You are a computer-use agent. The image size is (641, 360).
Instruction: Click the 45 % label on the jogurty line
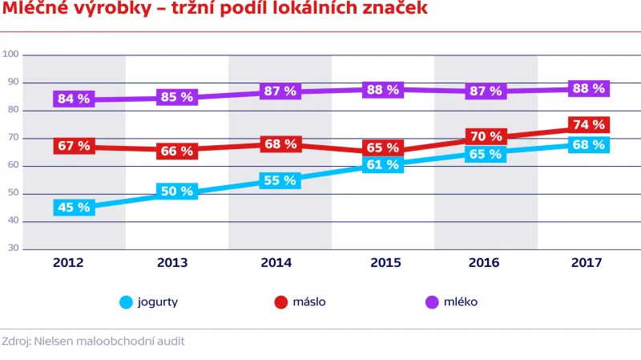(73, 208)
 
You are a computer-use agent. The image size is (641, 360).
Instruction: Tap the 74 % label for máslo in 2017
(589, 124)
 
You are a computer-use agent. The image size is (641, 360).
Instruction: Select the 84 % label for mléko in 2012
(73, 99)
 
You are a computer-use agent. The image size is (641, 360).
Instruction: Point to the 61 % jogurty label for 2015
(382, 165)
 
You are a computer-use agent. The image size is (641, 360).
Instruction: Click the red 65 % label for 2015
(382, 148)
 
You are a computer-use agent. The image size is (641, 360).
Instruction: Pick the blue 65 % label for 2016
(486, 154)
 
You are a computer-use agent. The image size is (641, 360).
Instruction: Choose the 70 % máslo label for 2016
(486, 136)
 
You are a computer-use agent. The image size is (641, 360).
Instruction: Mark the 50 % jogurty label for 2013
(176, 191)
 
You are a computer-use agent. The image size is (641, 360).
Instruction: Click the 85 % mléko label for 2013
(176, 97)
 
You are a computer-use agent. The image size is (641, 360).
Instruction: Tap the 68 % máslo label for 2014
(280, 144)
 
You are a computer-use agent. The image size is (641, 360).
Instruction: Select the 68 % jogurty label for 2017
(589, 144)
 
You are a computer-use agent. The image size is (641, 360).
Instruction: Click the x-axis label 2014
(280, 262)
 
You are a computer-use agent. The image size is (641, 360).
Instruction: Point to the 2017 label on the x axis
(589, 262)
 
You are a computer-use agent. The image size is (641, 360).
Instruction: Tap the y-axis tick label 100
(10, 55)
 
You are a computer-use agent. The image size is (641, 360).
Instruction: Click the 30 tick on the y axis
(13, 249)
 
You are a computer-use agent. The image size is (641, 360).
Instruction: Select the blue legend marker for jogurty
(126, 302)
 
